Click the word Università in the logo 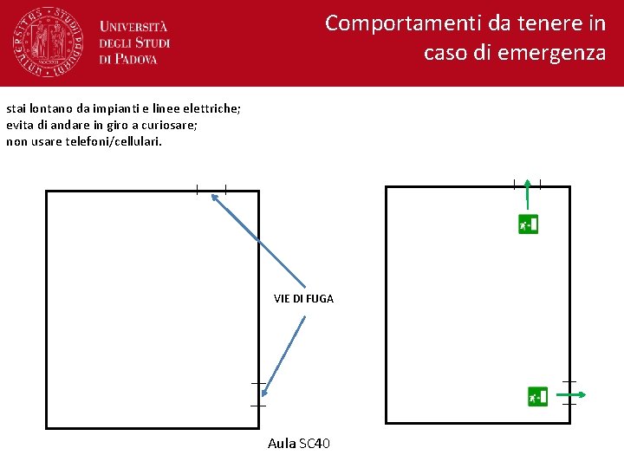pos(133,27)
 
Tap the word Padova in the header pos(135,59)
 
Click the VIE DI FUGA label pos(303,298)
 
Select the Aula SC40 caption pos(299,444)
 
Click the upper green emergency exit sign pos(528,224)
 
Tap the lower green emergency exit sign pos(538,396)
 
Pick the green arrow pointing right pos(576,395)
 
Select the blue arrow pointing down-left pos(284,356)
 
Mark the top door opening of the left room pos(211,190)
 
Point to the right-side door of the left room pos(258,393)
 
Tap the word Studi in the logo pos(152,42)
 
